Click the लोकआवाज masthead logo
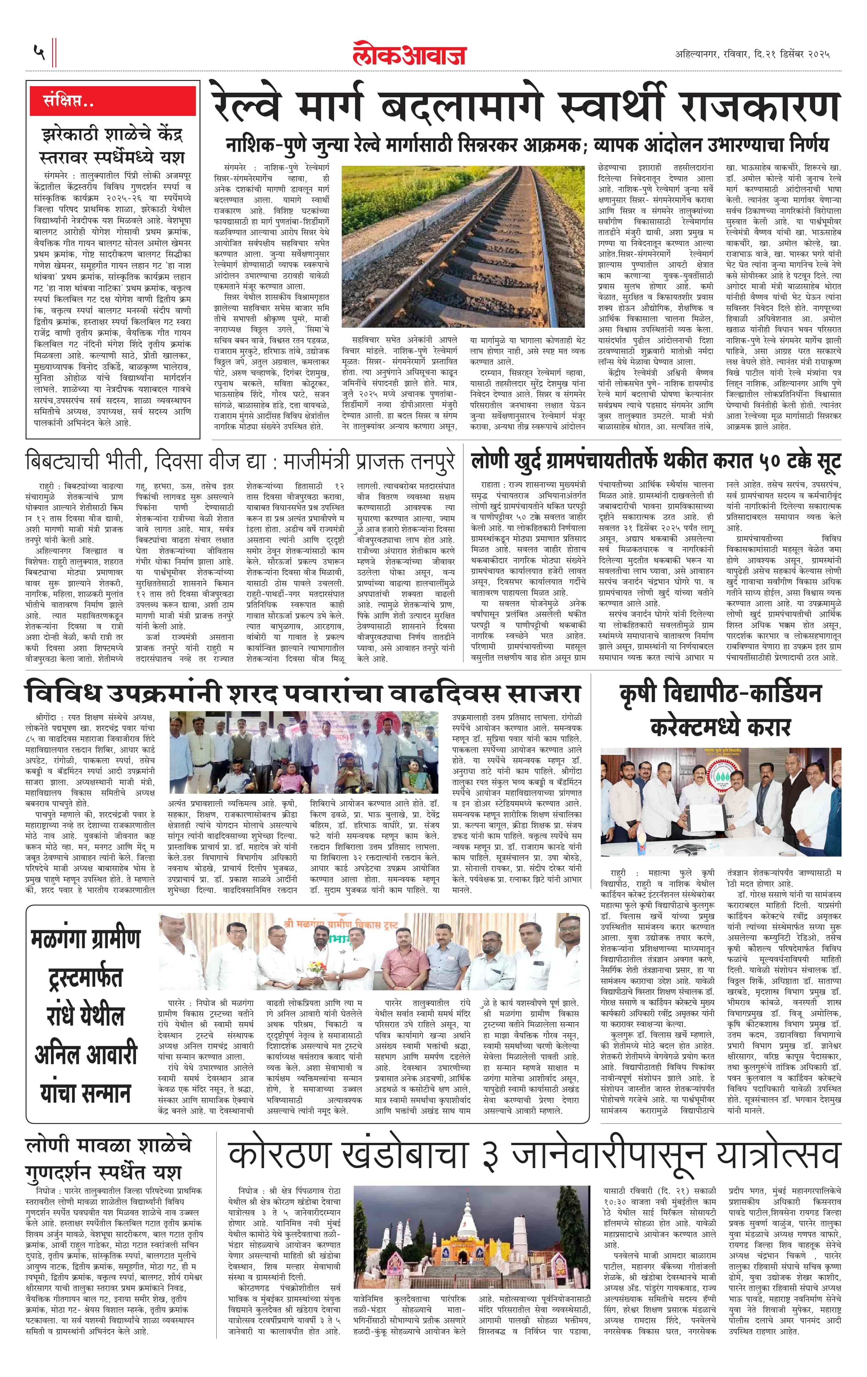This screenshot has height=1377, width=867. [x=409, y=53]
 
